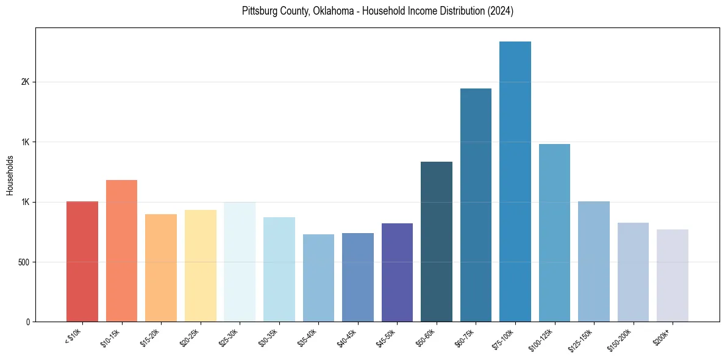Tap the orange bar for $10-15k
click(121, 251)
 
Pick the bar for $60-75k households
click(476, 205)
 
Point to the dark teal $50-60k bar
click(437, 242)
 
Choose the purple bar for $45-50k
click(397, 272)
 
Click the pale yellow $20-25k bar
click(200, 265)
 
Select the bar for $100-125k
click(554, 232)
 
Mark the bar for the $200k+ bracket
click(673, 275)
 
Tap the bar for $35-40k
click(318, 278)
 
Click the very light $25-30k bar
click(240, 262)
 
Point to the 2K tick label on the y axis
click(25, 82)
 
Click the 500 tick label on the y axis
click(23, 262)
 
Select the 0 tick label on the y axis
click(28, 322)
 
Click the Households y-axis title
click(10, 175)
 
